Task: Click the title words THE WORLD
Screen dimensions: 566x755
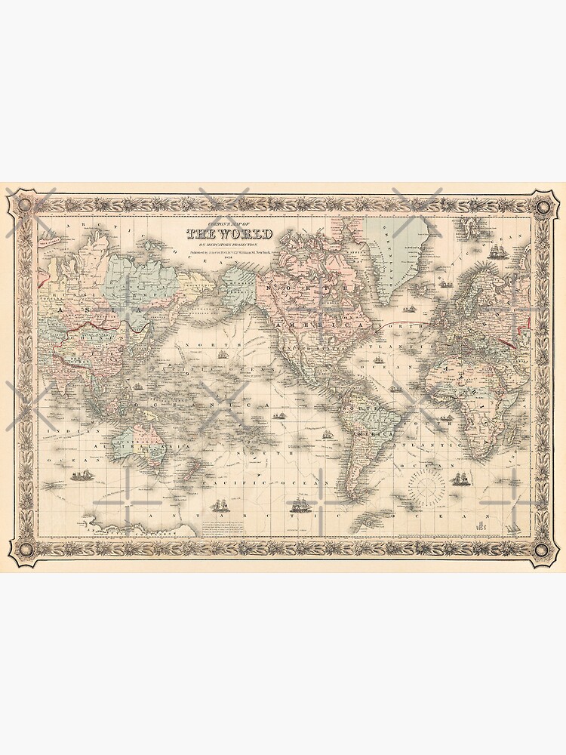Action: point(229,234)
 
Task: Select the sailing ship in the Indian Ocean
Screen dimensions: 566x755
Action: point(80,476)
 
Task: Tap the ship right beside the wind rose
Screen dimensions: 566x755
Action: point(459,479)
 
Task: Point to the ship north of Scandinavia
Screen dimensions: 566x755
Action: point(496,251)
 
